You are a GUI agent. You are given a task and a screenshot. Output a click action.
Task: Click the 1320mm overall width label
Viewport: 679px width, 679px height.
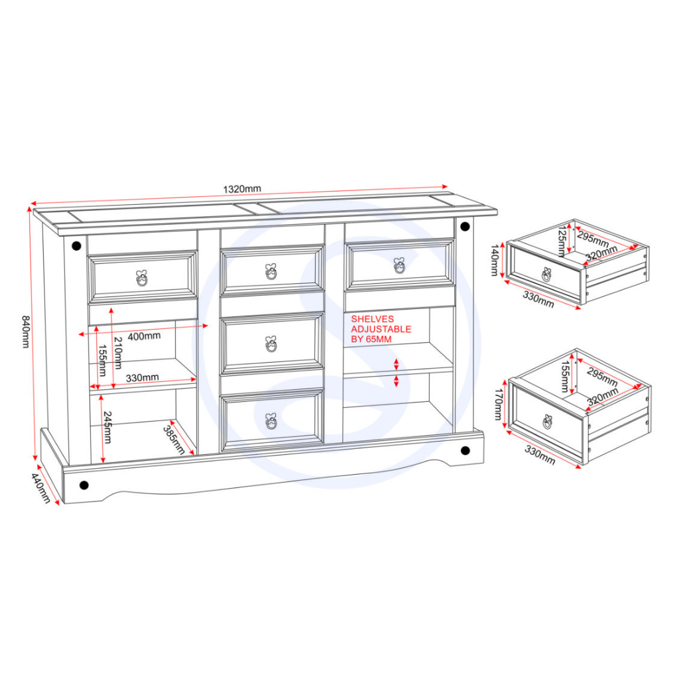[x=242, y=189]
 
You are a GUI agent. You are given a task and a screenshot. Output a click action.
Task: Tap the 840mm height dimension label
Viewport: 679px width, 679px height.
[x=25, y=332]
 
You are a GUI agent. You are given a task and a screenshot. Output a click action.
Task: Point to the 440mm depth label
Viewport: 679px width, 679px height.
[x=40, y=487]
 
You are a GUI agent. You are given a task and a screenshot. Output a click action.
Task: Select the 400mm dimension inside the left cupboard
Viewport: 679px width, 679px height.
[x=144, y=336]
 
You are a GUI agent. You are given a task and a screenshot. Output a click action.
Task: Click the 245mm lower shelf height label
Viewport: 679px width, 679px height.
[x=107, y=428]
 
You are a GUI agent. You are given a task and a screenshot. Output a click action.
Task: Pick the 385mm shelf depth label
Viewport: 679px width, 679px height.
[x=174, y=440]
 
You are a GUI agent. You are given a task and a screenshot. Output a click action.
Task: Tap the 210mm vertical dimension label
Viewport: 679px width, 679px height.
[x=117, y=353]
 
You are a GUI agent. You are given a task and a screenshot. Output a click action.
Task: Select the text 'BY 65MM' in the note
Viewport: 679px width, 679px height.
[x=371, y=339]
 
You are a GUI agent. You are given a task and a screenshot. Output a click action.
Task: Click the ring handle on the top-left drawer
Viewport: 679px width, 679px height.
[x=142, y=278]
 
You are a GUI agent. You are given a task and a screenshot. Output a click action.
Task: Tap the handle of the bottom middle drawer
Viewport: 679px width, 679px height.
[x=271, y=421]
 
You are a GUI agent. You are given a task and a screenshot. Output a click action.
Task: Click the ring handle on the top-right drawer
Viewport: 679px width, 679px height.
[x=399, y=265]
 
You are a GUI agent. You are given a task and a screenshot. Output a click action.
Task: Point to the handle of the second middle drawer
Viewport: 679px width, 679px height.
[x=271, y=344]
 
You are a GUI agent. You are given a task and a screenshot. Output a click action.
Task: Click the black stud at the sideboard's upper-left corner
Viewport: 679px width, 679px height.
[x=77, y=247]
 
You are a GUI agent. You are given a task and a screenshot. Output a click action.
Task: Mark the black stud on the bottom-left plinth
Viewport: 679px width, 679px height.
[x=84, y=485]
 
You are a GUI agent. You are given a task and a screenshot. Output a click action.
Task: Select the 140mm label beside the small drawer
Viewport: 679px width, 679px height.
[x=495, y=260]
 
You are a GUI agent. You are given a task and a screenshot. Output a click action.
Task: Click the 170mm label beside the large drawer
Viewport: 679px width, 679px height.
[x=498, y=404]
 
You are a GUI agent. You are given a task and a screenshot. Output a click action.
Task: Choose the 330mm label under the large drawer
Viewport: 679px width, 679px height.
[x=540, y=455]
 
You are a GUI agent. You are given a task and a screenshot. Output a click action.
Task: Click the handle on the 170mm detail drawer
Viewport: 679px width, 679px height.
[x=547, y=422]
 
